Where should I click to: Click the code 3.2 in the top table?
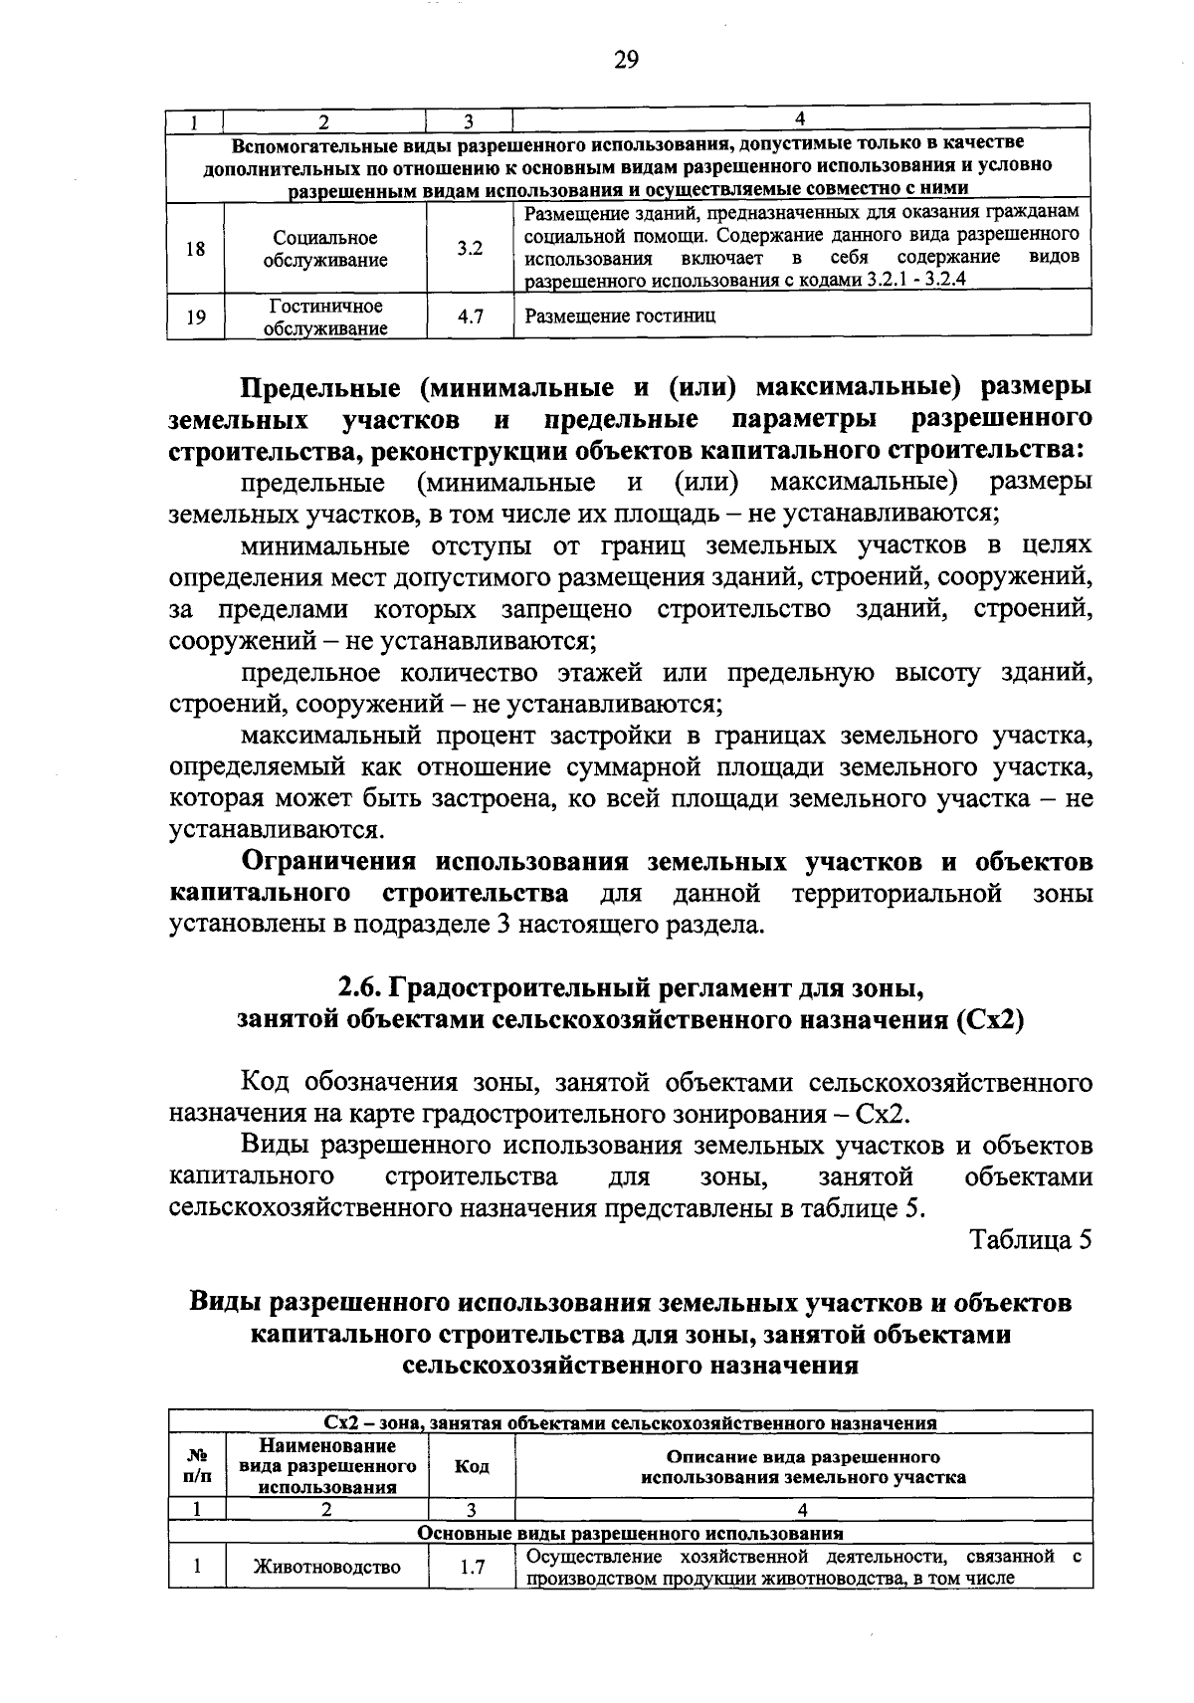pos(470,249)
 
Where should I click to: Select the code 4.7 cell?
pos(470,318)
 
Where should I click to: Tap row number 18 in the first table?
pos(196,249)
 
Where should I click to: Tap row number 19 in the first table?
pos(196,318)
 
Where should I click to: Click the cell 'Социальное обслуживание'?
pos(325,249)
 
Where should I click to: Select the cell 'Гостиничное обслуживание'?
pos(325,317)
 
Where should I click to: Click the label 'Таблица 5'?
pos(1031,1240)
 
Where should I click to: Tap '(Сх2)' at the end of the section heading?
pos(988,1020)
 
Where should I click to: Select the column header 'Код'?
pos(471,1467)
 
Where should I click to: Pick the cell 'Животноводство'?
pos(326,1567)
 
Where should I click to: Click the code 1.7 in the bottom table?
pos(472,1567)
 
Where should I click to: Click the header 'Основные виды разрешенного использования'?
pos(630,1534)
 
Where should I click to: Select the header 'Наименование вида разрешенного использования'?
pos(326,1466)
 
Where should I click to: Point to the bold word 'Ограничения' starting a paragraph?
pos(333,861)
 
